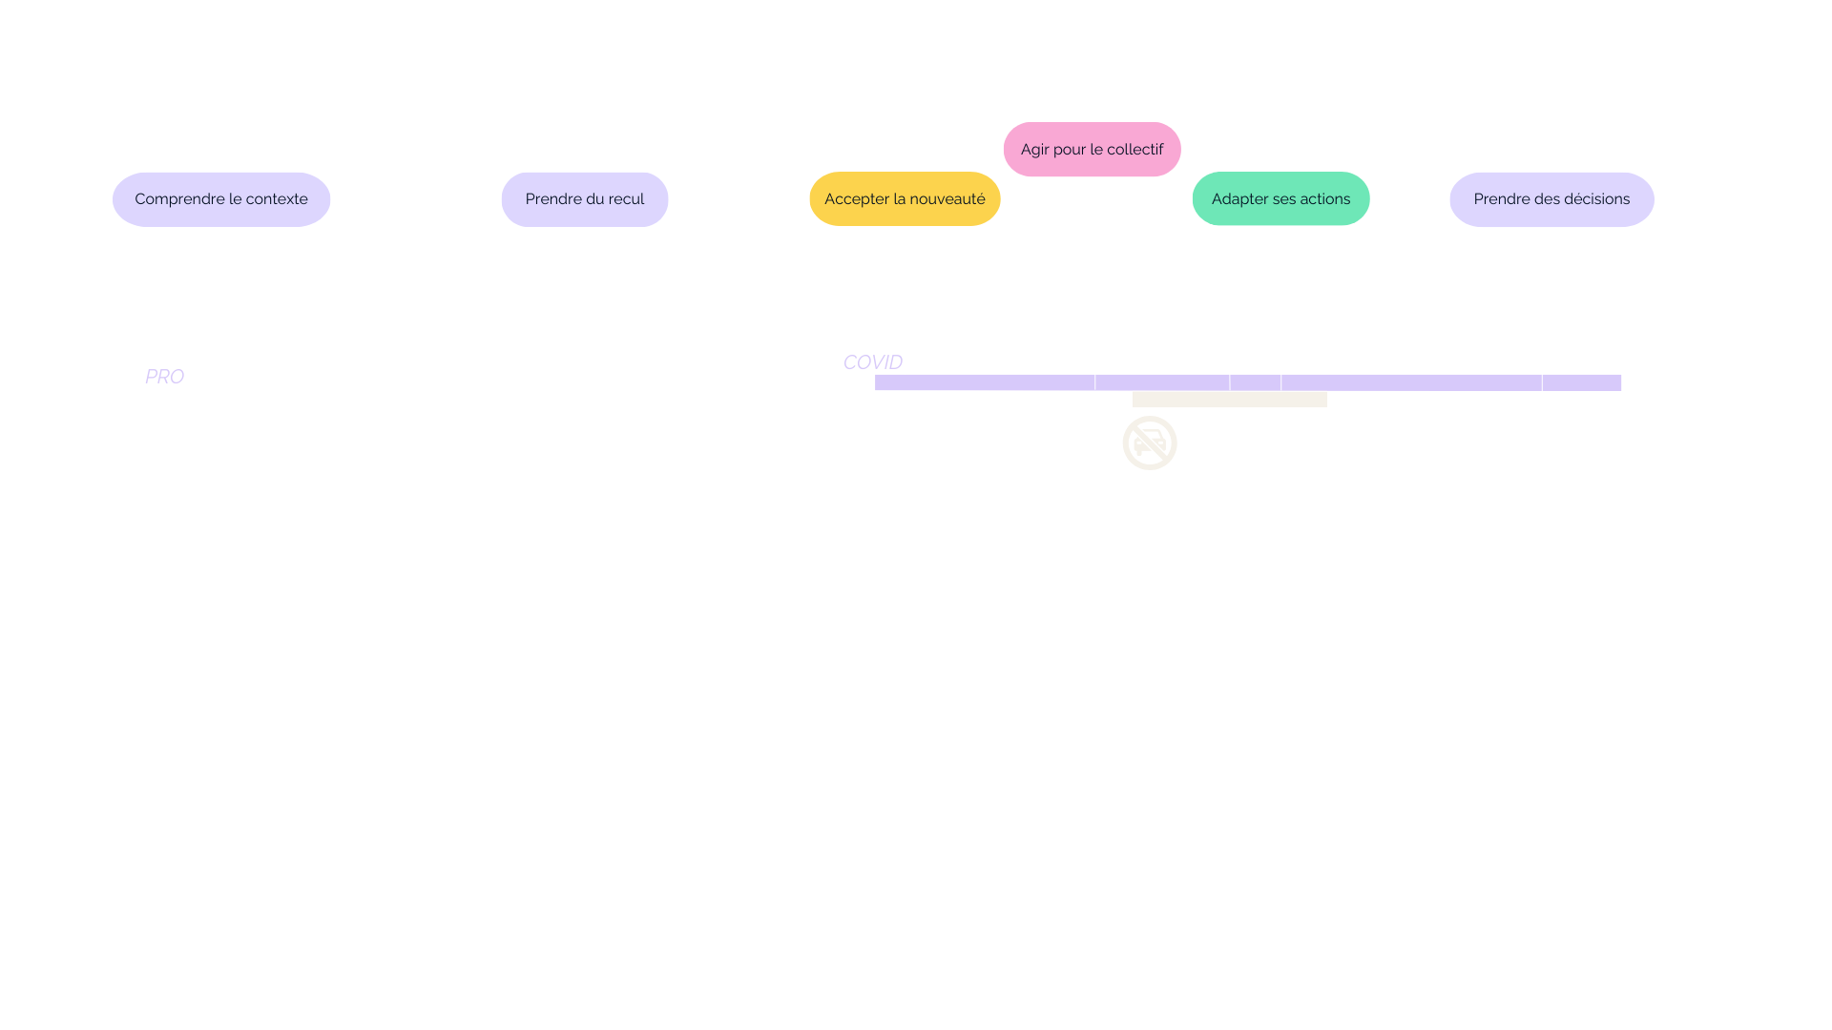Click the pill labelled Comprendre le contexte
pos(221,199)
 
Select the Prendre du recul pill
pos(584,199)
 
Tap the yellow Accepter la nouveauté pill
pos(905,199)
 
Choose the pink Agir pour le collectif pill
pos(1092,150)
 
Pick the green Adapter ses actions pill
pos(1280,199)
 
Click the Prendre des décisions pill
pos(1551,199)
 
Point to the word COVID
pos(872,362)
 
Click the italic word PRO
pos(164,377)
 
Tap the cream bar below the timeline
pos(1230,400)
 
